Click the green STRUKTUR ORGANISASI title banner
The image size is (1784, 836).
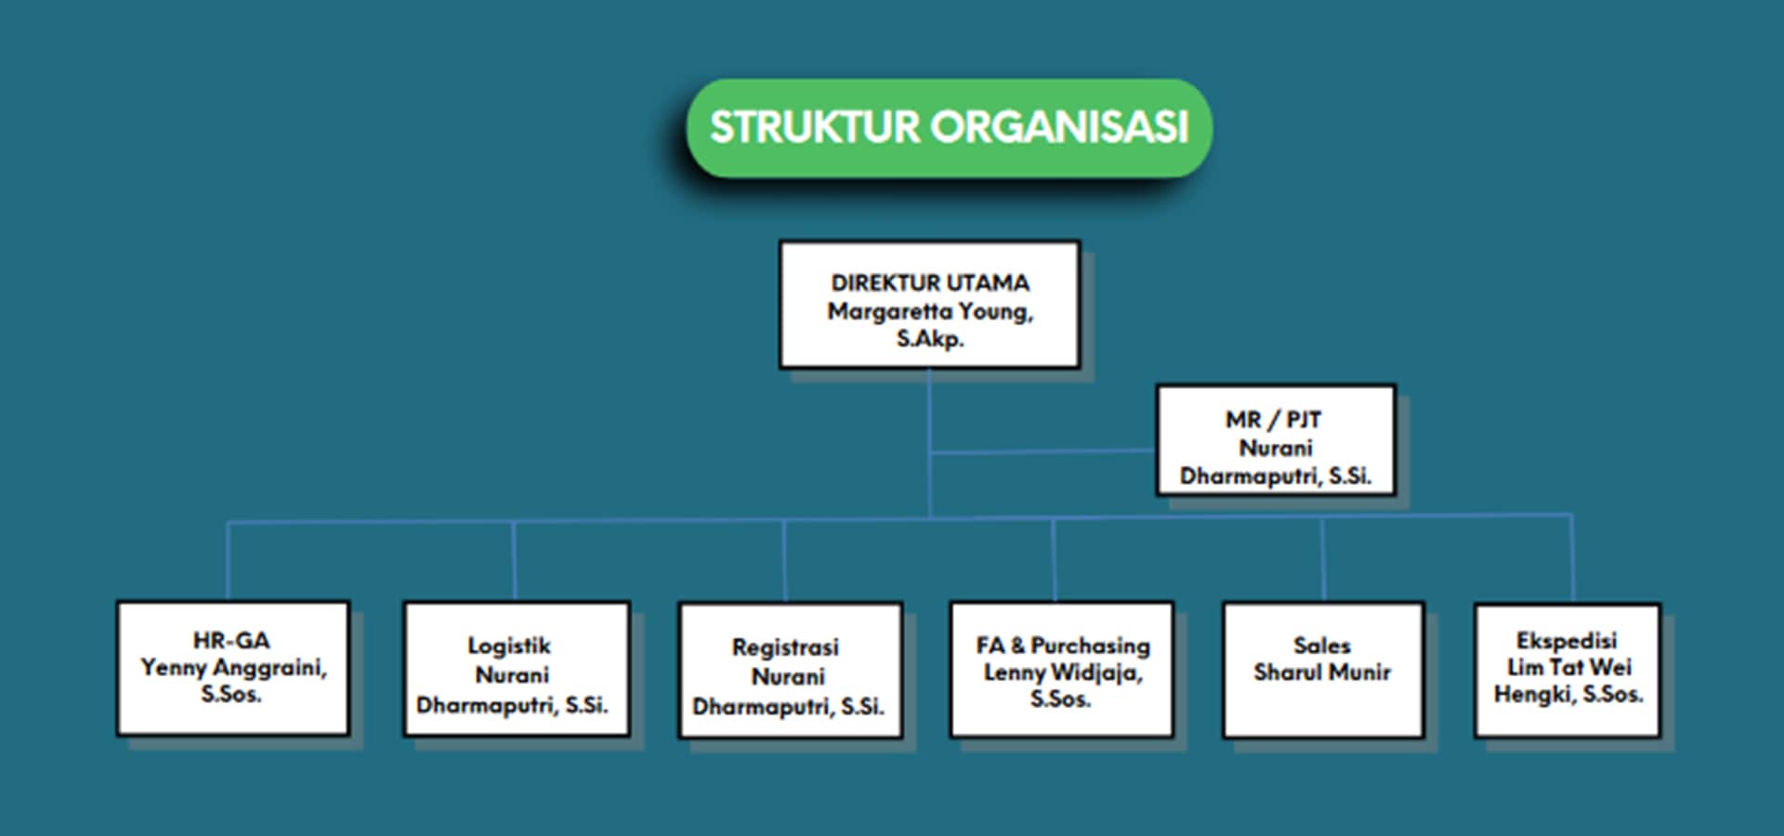point(949,127)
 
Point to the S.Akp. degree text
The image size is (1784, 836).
point(930,339)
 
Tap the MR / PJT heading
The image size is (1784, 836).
point(1273,420)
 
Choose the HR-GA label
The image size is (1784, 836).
point(231,640)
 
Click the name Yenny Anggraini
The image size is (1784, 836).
point(232,667)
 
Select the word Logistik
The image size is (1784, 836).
point(509,646)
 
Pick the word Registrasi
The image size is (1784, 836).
point(785,647)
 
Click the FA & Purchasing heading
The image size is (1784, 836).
point(1063,645)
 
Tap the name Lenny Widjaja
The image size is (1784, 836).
point(1062,672)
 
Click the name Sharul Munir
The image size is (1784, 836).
point(1322,672)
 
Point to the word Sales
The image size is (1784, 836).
point(1322,645)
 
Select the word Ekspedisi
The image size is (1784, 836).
point(1567,640)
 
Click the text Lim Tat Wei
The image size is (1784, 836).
point(1568,667)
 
